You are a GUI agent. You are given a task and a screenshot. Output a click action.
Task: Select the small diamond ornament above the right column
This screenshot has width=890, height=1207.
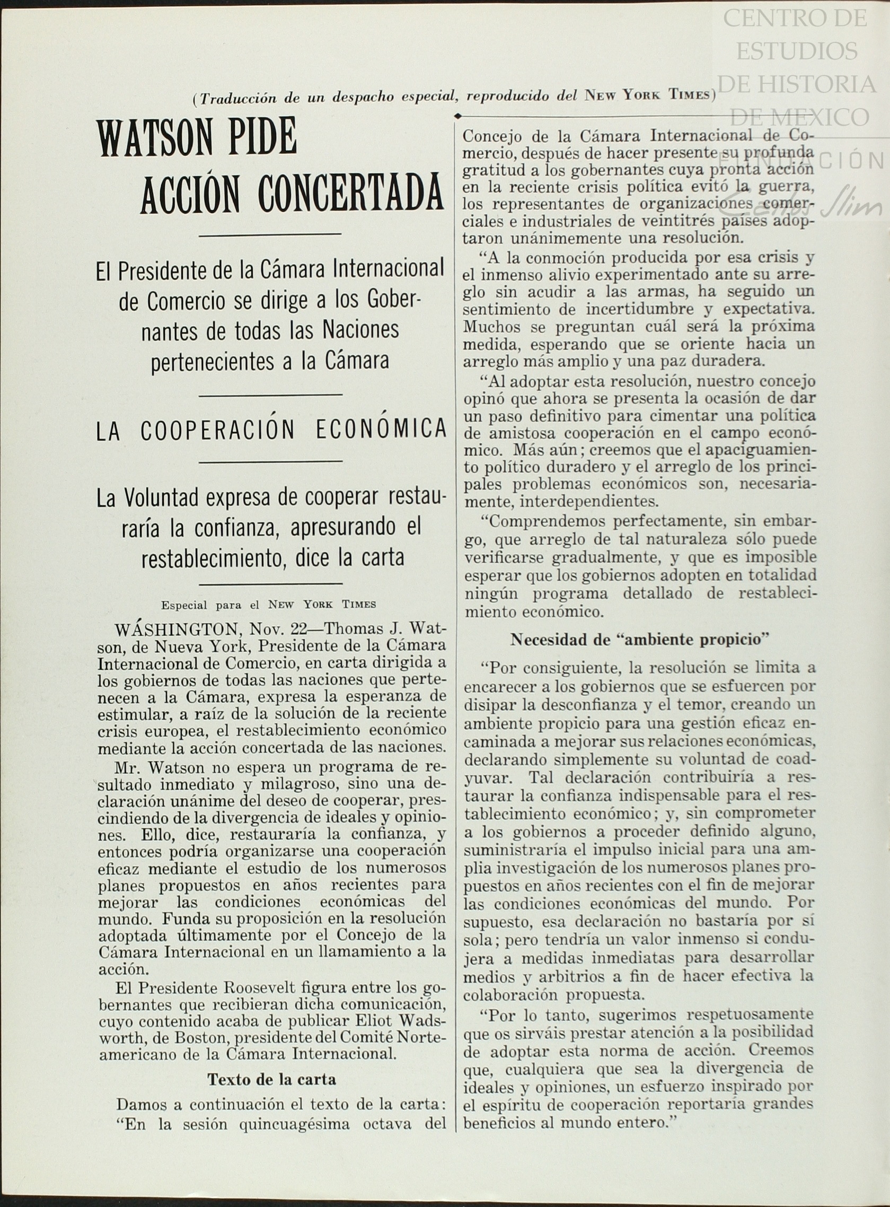[458, 116]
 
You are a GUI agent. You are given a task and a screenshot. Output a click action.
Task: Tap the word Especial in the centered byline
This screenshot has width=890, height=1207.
[185, 604]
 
